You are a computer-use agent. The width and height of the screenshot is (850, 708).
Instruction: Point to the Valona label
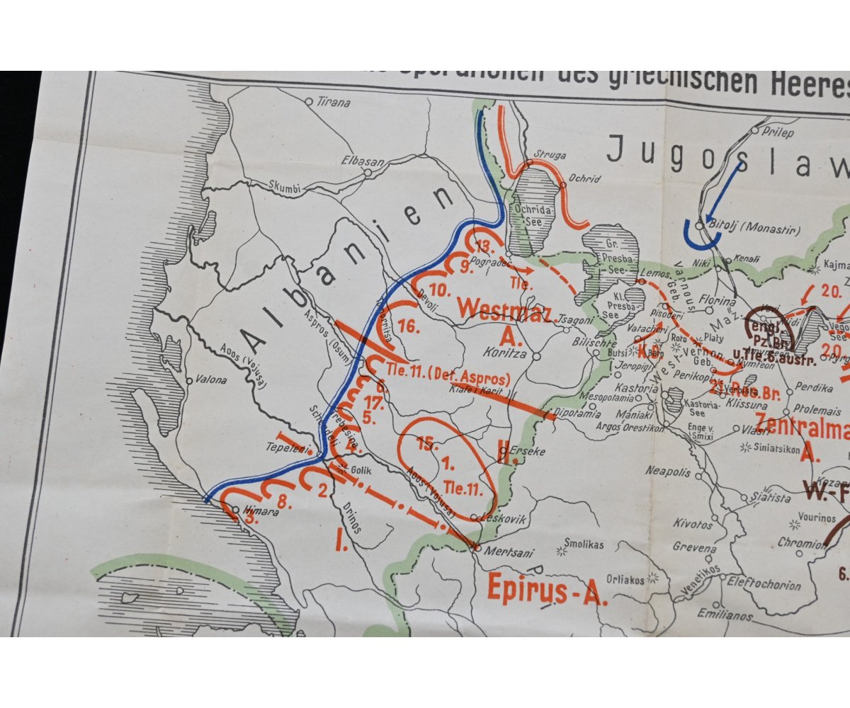pos(212,379)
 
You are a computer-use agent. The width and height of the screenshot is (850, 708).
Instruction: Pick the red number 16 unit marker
pos(409,326)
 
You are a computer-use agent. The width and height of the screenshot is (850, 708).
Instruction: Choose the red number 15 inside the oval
pos(425,444)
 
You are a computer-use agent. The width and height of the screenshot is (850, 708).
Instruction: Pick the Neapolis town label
pos(667,471)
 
